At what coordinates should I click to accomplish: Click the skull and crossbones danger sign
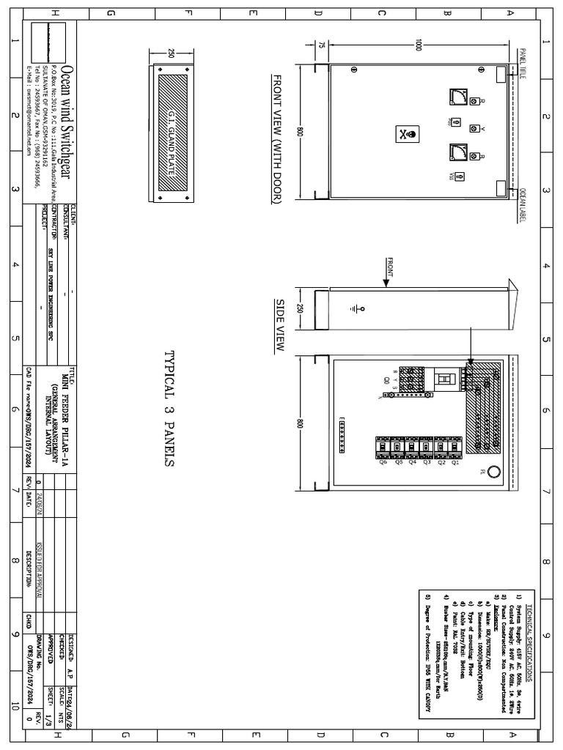(x=406, y=135)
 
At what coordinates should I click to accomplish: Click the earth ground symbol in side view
(x=357, y=308)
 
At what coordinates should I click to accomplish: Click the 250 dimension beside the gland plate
(x=171, y=54)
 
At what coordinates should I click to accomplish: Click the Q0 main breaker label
(x=387, y=380)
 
